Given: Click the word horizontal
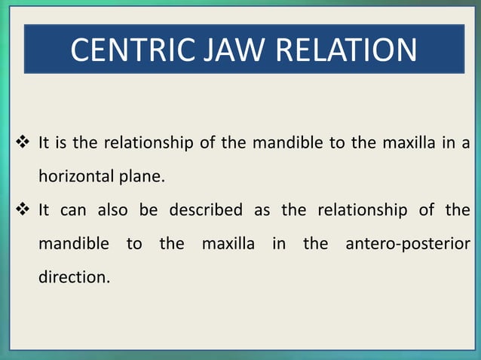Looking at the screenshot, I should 74,178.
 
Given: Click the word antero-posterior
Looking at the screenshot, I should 408,244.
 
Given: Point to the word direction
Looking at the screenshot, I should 72,277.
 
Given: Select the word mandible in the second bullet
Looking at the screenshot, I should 74,244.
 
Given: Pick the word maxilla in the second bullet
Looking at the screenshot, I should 228,244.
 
